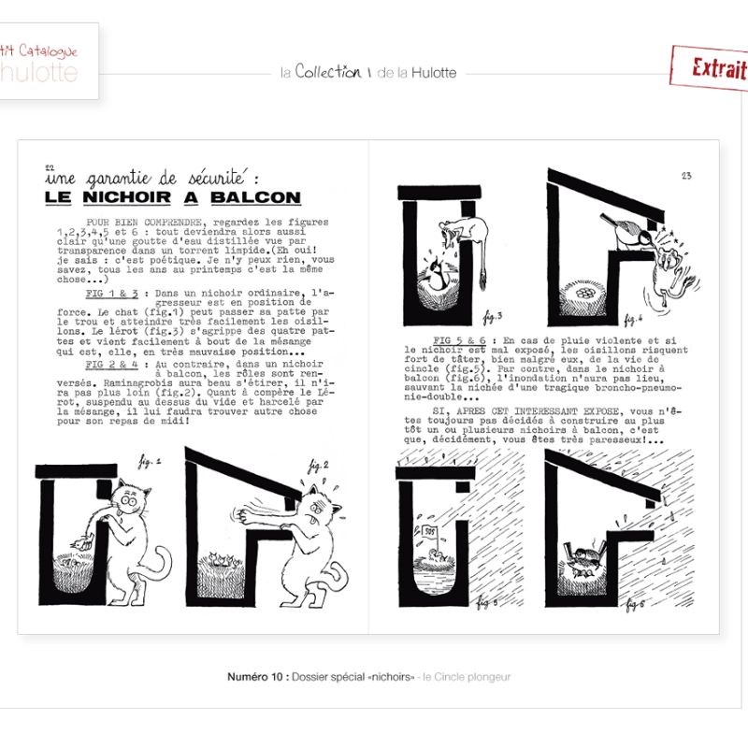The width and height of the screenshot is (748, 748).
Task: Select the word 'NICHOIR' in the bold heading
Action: [137, 197]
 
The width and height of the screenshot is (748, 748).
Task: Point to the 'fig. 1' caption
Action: [149, 462]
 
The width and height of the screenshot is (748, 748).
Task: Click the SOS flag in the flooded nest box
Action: [432, 531]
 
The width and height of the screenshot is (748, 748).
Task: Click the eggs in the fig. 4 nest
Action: [589, 291]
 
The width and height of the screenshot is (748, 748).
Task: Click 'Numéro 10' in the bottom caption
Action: [256, 676]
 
